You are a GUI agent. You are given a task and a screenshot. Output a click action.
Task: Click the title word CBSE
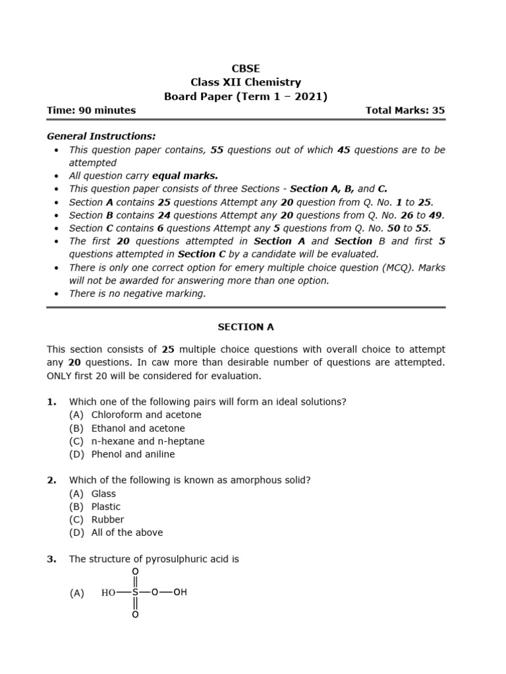click(x=246, y=68)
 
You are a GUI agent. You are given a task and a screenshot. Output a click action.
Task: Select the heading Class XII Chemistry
click(x=246, y=82)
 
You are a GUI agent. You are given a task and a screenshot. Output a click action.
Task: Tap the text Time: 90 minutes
click(x=91, y=110)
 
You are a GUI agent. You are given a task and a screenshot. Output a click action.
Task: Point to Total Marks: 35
click(x=405, y=110)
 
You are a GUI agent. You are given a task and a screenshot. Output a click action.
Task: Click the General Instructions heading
click(x=101, y=136)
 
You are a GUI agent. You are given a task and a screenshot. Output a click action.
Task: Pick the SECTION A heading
click(x=246, y=326)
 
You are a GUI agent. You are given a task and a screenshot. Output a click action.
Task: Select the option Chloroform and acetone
click(x=146, y=415)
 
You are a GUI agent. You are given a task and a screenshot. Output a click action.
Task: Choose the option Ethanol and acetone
click(x=138, y=428)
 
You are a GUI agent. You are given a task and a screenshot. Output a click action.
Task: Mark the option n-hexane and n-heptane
click(x=148, y=441)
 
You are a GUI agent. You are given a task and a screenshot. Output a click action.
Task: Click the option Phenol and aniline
click(x=133, y=454)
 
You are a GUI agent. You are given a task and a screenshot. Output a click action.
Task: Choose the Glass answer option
click(x=103, y=494)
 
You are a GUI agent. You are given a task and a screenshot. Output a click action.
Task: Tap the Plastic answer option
click(x=106, y=507)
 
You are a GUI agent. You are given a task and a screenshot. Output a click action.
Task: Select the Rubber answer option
click(x=107, y=519)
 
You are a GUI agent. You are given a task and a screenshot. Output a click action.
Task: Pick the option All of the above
click(x=127, y=532)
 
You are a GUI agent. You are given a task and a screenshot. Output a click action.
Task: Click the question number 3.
click(x=51, y=559)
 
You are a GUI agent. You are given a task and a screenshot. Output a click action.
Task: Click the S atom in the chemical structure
click(x=135, y=592)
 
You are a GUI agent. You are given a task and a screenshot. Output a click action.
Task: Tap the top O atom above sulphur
click(x=135, y=571)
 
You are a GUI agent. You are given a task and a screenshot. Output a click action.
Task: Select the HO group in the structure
click(x=108, y=592)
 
